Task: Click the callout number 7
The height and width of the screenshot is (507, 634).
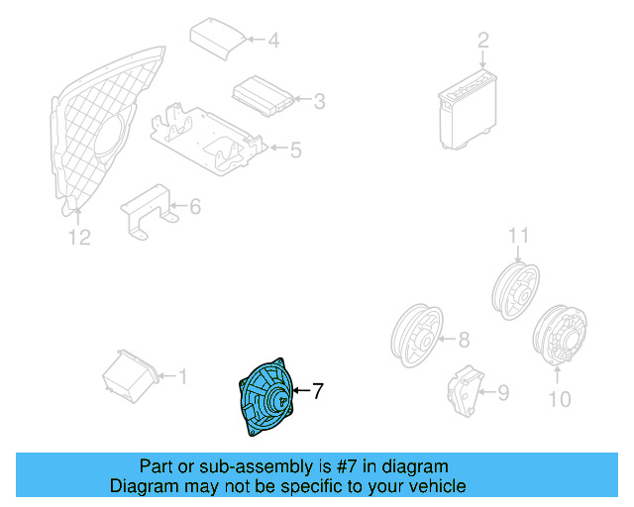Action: (318, 391)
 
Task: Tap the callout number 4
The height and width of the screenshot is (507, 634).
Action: (272, 41)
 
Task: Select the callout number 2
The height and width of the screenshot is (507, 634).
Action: (482, 41)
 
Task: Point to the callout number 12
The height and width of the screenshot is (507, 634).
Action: (79, 237)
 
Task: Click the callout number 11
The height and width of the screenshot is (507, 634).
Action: (513, 235)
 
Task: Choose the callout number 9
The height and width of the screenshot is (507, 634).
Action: (502, 393)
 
